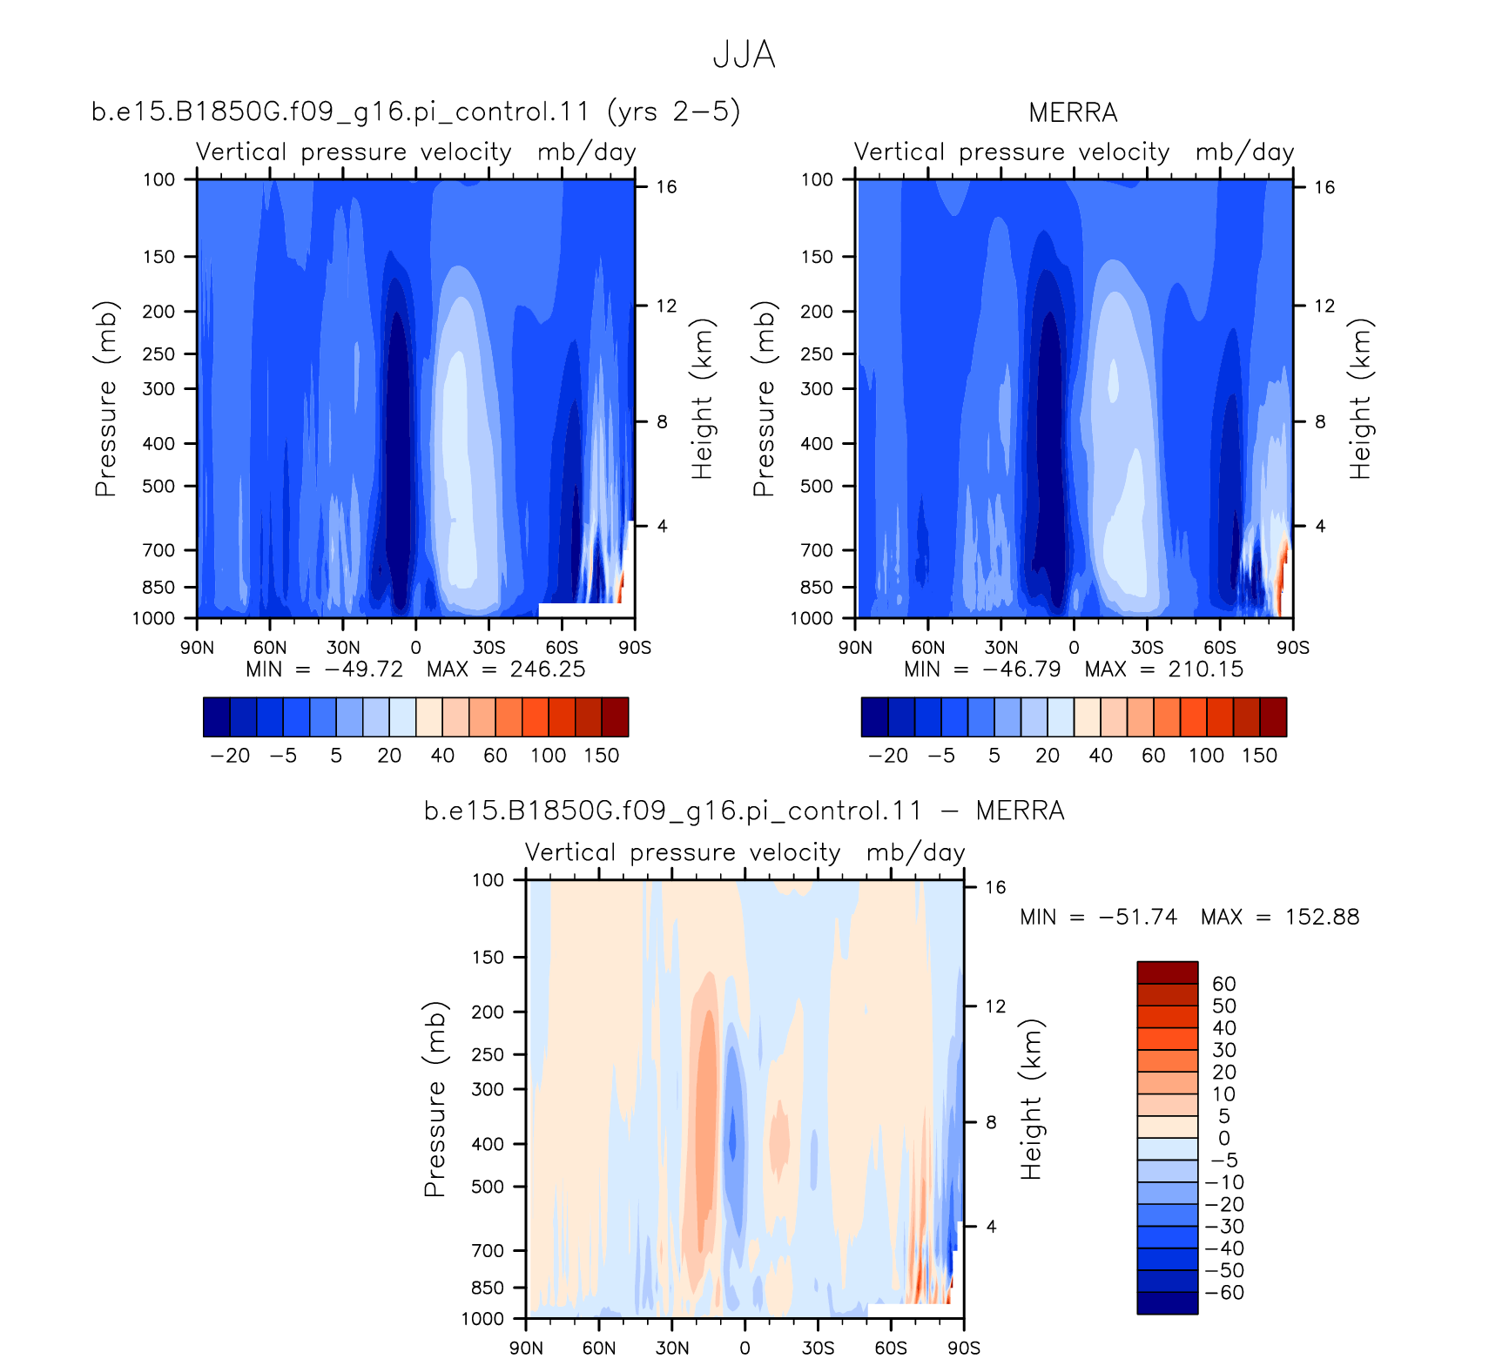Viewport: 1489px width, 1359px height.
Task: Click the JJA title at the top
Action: [744, 55]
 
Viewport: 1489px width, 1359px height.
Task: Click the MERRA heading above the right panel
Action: [1073, 112]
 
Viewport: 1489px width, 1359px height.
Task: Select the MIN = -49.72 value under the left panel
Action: [325, 669]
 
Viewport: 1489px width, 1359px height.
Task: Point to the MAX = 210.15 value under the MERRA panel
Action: [1164, 669]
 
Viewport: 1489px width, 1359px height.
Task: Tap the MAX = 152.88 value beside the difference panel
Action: [1280, 917]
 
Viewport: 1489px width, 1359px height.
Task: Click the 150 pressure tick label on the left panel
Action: [159, 257]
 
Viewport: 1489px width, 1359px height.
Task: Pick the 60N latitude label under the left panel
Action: [270, 648]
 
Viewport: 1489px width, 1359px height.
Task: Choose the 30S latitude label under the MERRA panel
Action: [1147, 648]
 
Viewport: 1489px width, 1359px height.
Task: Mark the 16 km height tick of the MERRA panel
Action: [1324, 187]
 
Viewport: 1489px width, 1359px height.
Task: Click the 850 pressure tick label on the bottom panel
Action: [488, 1288]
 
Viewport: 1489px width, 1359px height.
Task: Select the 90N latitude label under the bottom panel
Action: [526, 1348]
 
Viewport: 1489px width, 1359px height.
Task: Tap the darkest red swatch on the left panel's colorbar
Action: [615, 717]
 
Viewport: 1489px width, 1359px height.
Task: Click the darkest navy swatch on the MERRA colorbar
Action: [874, 717]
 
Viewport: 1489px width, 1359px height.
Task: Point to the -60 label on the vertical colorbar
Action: [1225, 1293]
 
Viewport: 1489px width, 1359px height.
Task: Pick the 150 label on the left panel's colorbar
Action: [602, 756]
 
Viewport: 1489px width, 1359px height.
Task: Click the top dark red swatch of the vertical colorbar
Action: [1168, 972]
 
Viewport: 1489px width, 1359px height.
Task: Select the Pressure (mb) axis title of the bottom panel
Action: [435, 1100]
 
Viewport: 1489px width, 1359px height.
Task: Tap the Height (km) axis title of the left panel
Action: [702, 400]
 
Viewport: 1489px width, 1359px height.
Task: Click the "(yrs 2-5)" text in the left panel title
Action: [674, 111]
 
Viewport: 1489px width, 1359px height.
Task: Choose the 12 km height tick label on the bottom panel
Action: [995, 1006]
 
